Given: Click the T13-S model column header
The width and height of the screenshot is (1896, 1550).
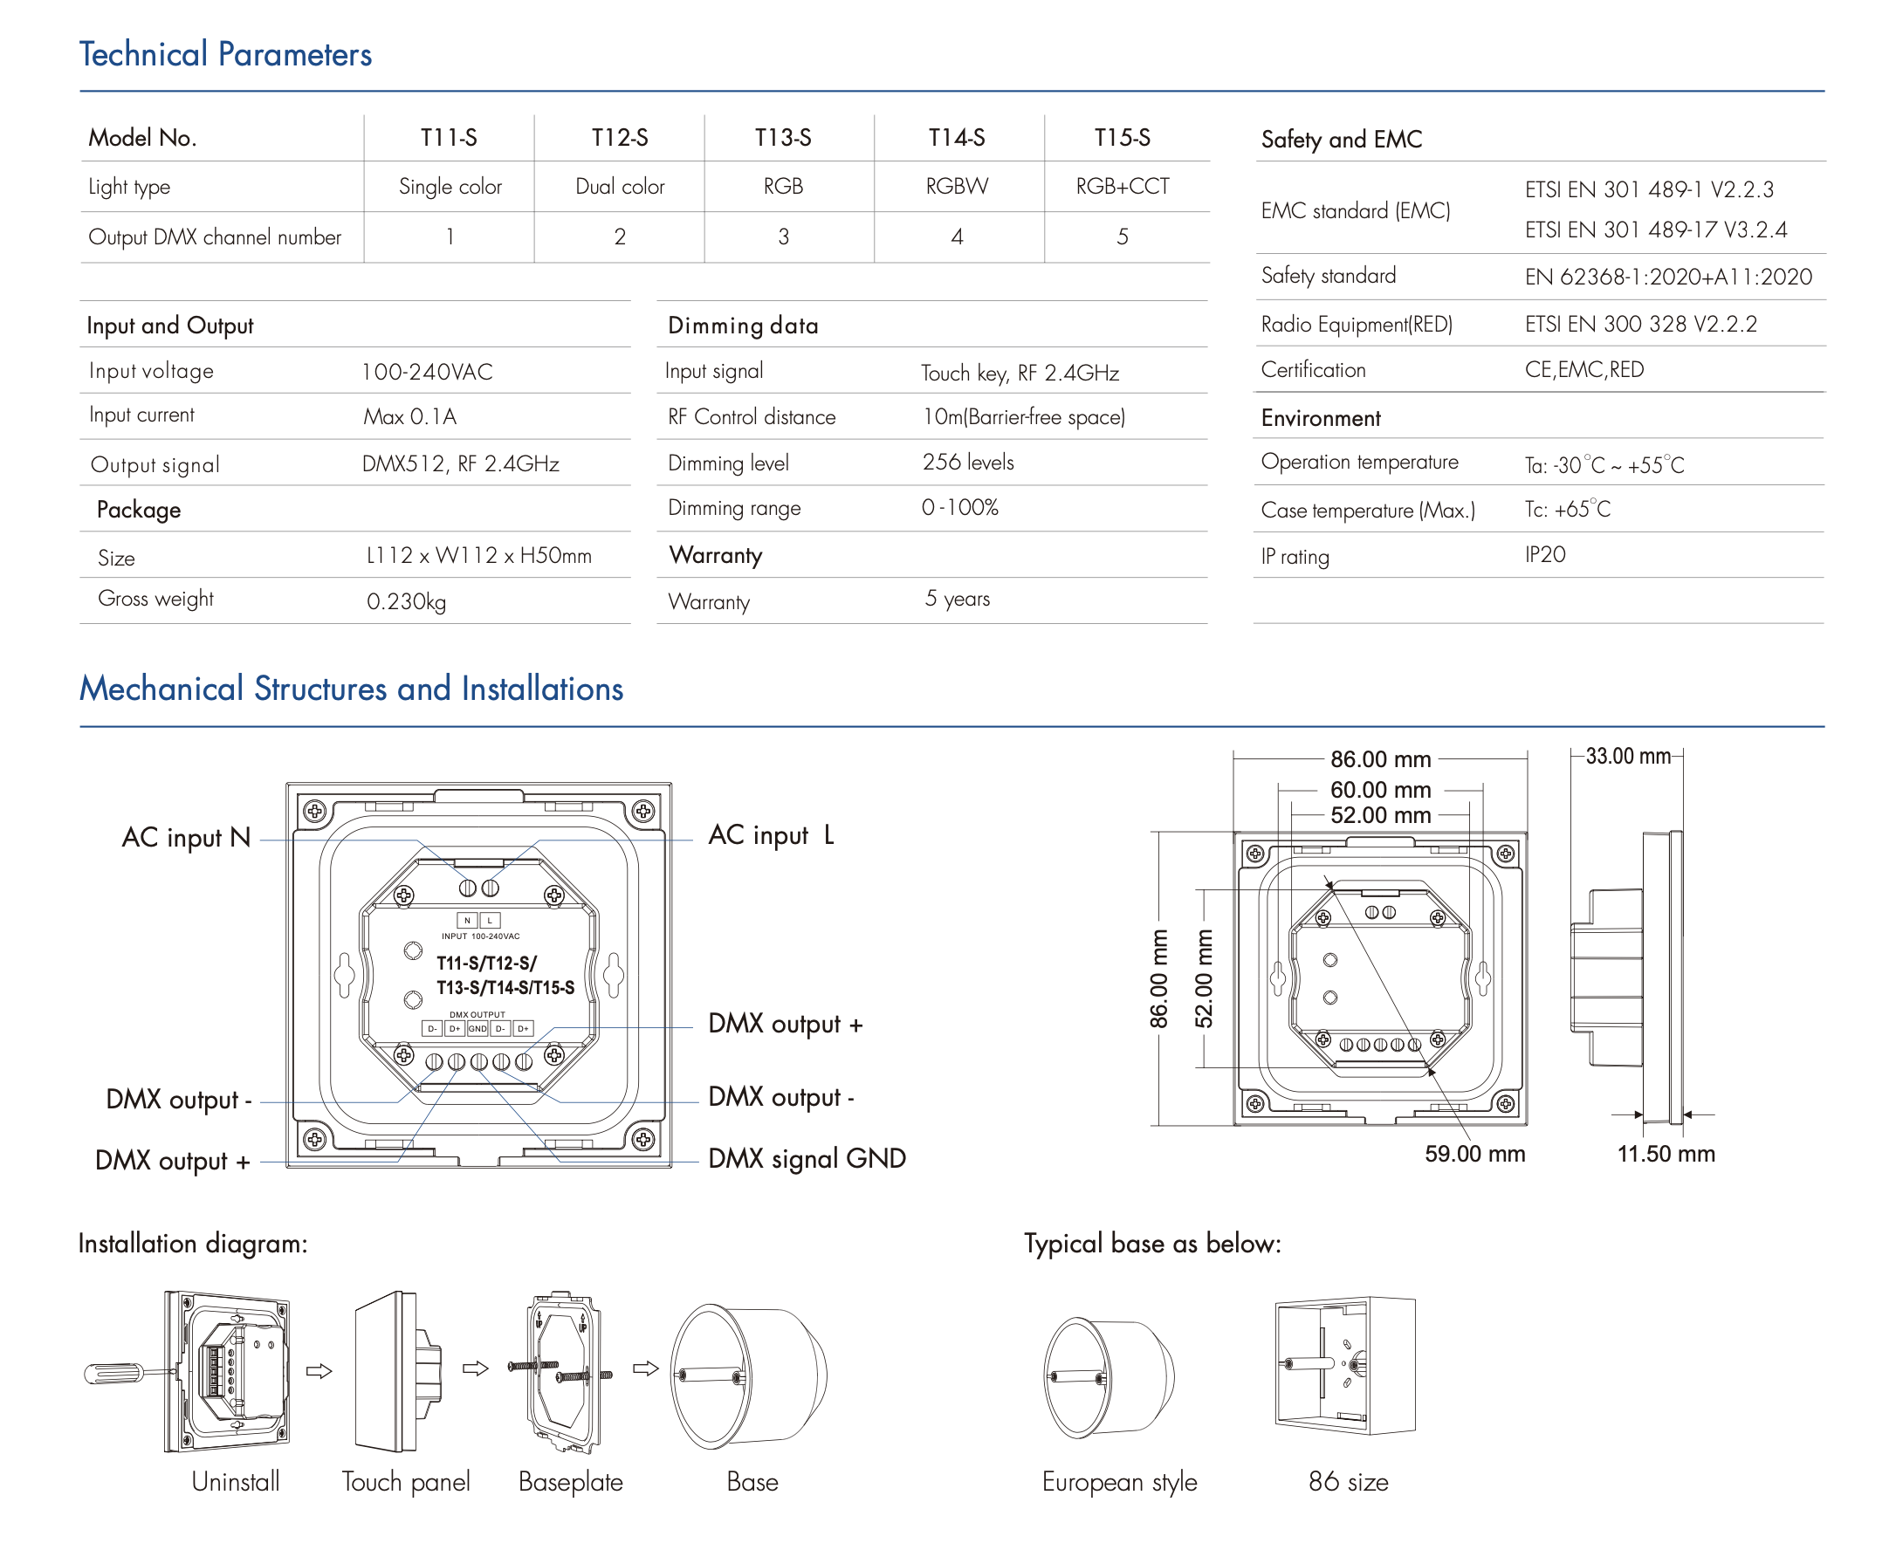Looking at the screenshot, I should pos(782,138).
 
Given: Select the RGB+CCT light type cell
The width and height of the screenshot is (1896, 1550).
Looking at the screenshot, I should pos(1122,187).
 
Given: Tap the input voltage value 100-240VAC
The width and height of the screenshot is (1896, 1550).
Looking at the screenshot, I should pos(427,372).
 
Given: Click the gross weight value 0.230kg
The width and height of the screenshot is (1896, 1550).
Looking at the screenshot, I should pos(407,601).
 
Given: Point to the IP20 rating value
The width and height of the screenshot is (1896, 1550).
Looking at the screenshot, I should pos(1544,554).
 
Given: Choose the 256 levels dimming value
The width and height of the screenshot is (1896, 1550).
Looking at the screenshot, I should pos(968,463).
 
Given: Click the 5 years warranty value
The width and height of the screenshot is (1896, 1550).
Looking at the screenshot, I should pos(958,598).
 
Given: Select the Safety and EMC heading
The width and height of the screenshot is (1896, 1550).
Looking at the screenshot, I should pos(1342,140).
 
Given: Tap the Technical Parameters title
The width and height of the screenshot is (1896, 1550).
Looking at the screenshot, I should pos(225,54).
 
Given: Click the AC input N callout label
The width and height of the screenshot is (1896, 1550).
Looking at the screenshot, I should pos(186,838).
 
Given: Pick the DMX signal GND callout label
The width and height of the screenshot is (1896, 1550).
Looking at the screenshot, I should pos(807,1158).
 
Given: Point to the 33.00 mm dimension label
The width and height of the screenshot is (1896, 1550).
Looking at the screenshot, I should pos(1627,757).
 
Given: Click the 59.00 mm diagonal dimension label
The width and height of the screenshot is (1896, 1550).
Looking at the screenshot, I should pos(1474,1154).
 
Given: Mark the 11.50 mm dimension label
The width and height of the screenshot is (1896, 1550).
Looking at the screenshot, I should pos(1666,1154).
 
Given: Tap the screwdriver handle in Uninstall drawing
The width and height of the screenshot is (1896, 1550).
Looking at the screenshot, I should pos(113,1372).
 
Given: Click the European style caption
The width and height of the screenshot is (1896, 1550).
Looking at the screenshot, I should pos(1119,1482).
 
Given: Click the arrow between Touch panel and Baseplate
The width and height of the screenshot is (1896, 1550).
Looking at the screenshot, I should pos(475,1368).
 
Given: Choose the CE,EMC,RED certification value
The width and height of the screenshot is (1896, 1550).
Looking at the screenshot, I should pos(1583,370).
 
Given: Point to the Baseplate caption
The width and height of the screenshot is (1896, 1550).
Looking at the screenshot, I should pos(570,1482).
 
